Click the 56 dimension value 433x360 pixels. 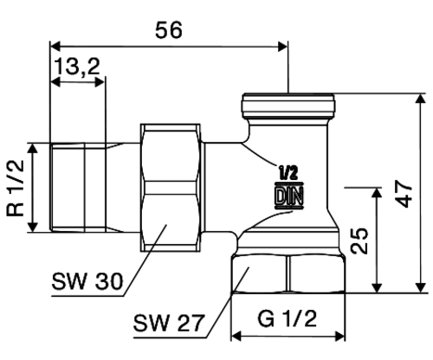[x=169, y=30]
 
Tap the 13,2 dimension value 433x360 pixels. [x=77, y=67]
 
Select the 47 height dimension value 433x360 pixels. [x=404, y=194]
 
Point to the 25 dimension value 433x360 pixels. [x=359, y=241]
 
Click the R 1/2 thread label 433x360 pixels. [x=16, y=188]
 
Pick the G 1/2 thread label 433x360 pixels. [x=287, y=318]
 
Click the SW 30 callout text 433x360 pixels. [x=87, y=281]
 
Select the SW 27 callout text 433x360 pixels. [x=169, y=323]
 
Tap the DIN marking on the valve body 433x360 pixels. [x=289, y=196]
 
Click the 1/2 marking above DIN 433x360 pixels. [x=288, y=173]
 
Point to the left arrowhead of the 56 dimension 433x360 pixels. [x=55, y=46]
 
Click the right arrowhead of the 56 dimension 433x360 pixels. [x=282, y=46]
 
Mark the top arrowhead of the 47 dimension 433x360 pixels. [x=421, y=99]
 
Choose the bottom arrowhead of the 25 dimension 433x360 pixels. [x=377, y=287]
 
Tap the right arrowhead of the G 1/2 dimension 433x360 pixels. [x=339, y=336]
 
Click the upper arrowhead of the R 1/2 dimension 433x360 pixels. [x=34, y=148]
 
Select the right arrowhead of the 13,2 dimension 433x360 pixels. [x=100, y=82]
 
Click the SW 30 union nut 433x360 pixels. [x=171, y=188]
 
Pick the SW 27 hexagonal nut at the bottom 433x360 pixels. [x=288, y=274]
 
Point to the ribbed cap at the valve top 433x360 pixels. [x=288, y=106]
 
